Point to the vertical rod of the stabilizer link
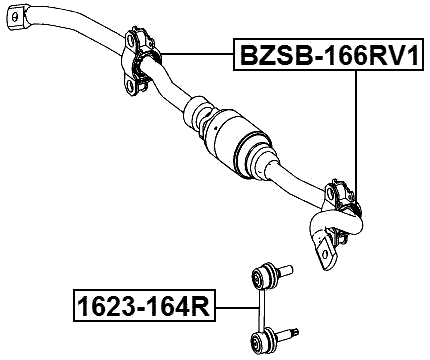[x=261, y=306]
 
